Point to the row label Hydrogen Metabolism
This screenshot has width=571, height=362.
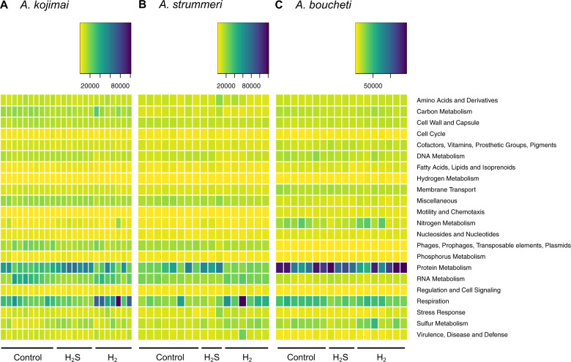click(x=448, y=178)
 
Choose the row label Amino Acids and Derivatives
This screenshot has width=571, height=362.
click(x=457, y=100)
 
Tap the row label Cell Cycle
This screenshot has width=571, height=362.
click(x=432, y=134)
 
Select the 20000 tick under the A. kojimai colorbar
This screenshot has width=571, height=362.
click(x=89, y=85)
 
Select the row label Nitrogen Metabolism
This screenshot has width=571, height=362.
click(x=447, y=223)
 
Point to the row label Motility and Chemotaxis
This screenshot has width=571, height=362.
click(x=451, y=212)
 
